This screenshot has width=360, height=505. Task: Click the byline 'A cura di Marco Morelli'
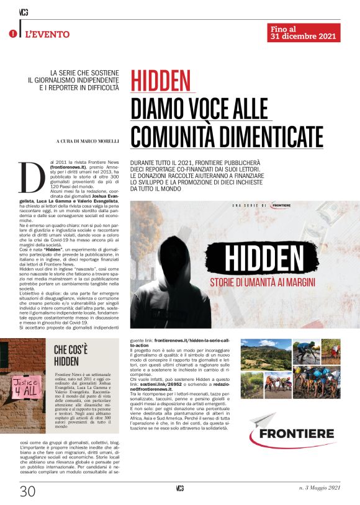(x=86, y=142)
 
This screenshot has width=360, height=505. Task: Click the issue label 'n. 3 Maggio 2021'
(x=319, y=489)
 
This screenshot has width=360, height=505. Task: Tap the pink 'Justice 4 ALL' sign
(x=25, y=389)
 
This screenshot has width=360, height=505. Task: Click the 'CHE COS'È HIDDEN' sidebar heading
(x=74, y=354)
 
